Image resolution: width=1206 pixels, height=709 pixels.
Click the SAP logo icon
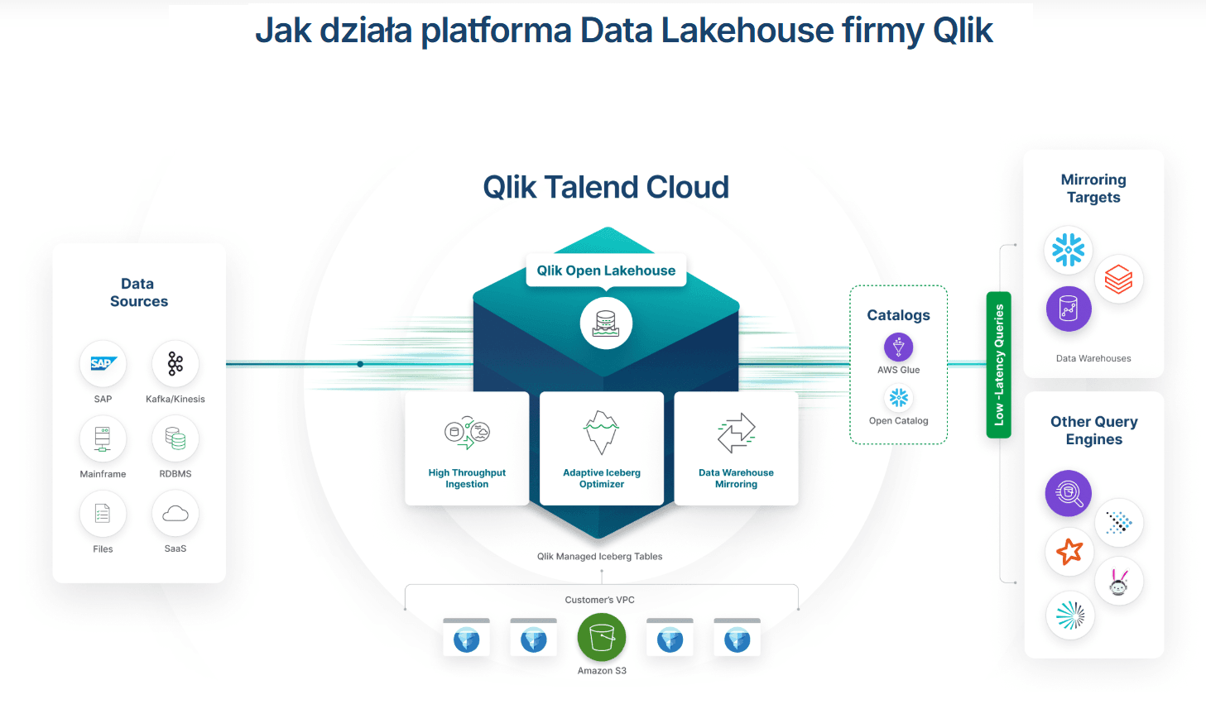(103, 364)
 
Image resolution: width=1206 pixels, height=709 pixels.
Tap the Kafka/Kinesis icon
(175, 364)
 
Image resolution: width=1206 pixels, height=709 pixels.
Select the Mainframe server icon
(103, 439)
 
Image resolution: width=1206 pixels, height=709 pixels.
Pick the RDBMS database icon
(175, 439)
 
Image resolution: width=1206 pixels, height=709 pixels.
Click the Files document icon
(103, 514)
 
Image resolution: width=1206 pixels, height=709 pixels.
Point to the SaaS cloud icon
(175, 514)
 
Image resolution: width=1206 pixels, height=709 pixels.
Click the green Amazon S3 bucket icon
(602, 638)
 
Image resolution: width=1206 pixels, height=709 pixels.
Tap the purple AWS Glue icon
(898, 347)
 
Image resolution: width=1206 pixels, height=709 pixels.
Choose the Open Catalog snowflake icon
(898, 398)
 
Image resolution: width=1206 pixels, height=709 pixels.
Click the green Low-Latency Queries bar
(999, 365)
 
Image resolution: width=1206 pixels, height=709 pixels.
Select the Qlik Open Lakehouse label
(606, 271)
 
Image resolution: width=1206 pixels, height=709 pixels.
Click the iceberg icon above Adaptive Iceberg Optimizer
(601, 432)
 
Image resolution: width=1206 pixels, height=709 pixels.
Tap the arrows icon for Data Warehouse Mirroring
(736, 433)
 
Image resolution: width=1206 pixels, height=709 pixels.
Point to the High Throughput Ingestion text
(467, 478)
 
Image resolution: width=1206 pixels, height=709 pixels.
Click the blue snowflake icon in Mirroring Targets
(1068, 250)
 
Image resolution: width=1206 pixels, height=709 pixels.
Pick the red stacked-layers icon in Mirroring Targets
(1118, 279)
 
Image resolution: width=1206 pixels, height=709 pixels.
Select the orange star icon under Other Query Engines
(1069, 551)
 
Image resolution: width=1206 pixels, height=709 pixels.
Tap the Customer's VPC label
(599, 600)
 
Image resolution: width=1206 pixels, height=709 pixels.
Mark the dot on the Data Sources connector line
(360, 364)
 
